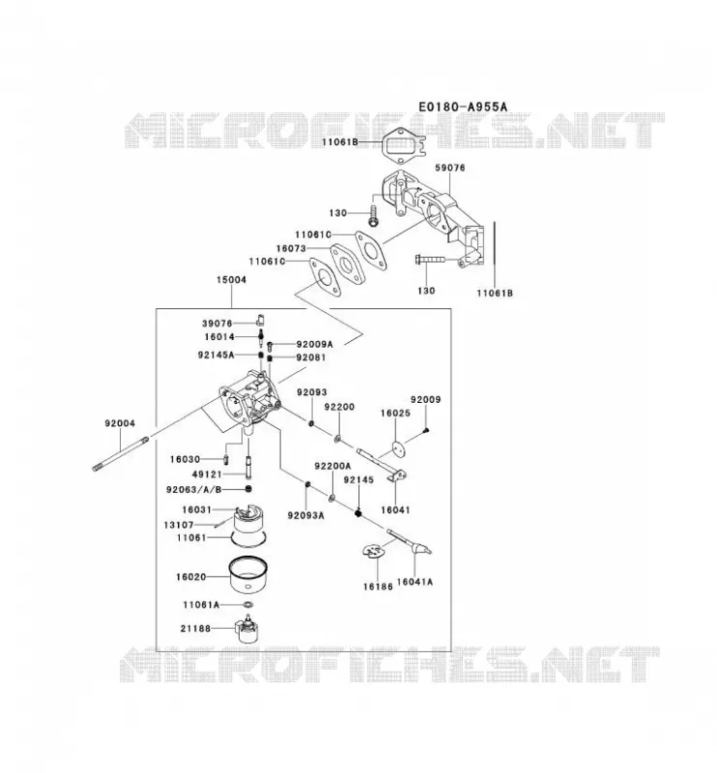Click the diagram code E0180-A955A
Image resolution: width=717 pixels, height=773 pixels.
coord(463,106)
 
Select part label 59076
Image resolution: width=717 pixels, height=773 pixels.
coord(449,167)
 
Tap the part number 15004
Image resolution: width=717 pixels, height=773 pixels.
coord(231,279)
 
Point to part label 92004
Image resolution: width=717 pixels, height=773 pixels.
coord(119,423)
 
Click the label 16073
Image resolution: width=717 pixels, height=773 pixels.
coord(291,248)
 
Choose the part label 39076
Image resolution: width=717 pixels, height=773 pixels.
coord(217,324)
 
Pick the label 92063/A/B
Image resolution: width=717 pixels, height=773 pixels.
coord(194,490)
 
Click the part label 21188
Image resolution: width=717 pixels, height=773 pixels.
coord(195,629)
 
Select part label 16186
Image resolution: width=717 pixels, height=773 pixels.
coord(378,587)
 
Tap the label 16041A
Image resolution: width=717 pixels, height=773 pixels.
coord(415,582)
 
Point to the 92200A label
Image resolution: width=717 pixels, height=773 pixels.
coord(332,466)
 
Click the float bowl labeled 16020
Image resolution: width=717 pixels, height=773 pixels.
coord(249,575)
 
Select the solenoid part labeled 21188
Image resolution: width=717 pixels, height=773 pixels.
coord(247,629)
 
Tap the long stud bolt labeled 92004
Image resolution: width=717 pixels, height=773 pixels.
coord(121,452)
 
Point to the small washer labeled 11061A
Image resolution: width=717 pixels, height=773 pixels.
coord(248,605)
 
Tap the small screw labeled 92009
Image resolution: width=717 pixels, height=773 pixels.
coord(426,430)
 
